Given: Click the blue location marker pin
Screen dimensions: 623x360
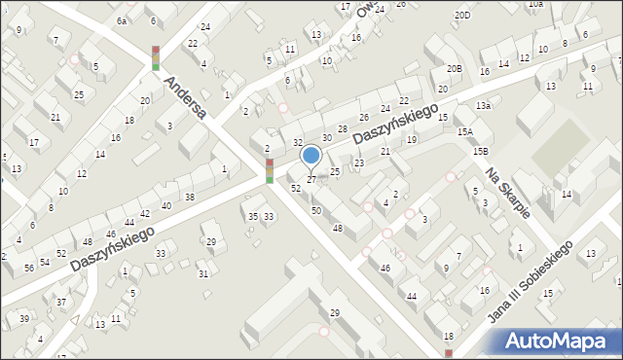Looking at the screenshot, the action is (x=311, y=156).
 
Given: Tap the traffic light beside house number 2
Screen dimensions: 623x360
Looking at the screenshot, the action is (x=270, y=170).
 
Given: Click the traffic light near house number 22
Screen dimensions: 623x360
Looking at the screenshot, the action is (x=155, y=57).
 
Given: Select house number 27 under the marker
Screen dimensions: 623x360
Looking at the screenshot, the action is (x=311, y=180).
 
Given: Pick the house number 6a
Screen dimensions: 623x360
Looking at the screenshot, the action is (x=122, y=20).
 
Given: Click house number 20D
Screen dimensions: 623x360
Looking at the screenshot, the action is (x=462, y=16).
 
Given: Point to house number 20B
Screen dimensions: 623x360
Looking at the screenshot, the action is (x=454, y=68).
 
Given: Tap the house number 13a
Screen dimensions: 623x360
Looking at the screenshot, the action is (x=482, y=105).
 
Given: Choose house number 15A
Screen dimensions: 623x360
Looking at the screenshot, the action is (x=465, y=131).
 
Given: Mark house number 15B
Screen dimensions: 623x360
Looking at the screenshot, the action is (x=480, y=151).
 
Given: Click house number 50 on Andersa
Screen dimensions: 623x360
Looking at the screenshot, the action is (x=315, y=210).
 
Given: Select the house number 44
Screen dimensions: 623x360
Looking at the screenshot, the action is (x=412, y=296).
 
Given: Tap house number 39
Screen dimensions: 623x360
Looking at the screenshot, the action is (x=24, y=318).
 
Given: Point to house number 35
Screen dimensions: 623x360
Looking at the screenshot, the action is (x=253, y=216).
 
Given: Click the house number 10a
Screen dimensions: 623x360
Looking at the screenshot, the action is (x=535, y=4).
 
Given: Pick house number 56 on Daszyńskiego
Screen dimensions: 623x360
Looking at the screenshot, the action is (x=29, y=267).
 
